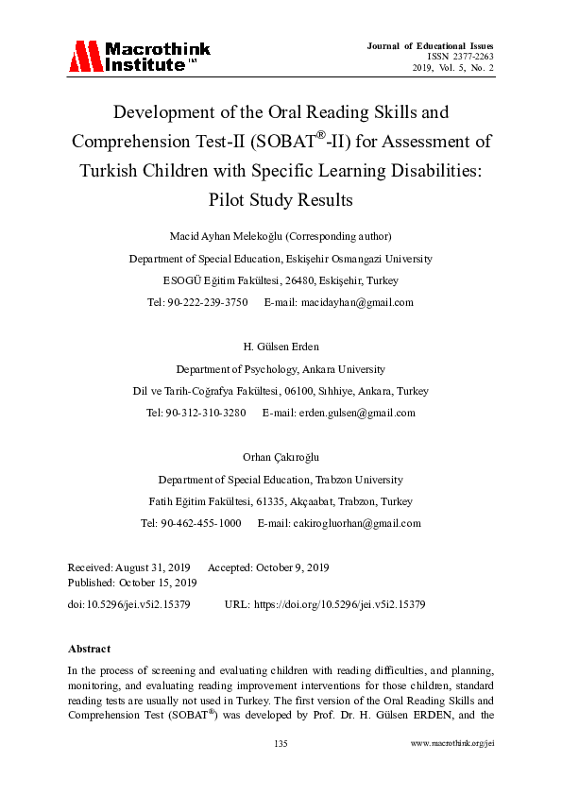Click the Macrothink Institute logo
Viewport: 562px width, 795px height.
point(139,57)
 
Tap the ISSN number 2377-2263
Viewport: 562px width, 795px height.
point(468,57)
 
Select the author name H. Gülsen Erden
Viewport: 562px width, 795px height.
point(281,346)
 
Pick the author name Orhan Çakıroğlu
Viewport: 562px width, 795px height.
point(281,456)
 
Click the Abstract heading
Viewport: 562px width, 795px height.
point(89,649)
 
